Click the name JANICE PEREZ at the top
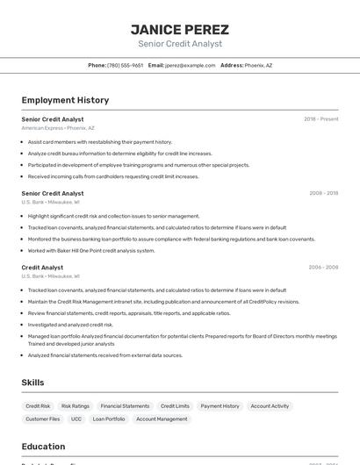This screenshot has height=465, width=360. [179, 29]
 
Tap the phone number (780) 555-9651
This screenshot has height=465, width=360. [125, 65]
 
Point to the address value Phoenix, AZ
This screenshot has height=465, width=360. [258, 65]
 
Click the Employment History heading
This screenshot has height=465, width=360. [65, 100]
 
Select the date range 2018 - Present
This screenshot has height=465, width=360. [320, 119]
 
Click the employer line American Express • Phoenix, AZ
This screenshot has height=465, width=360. [57, 128]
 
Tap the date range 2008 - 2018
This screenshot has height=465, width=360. [323, 193]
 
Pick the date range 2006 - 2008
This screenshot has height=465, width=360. [323, 268]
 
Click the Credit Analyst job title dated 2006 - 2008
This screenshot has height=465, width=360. [42, 268]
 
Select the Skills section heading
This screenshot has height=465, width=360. [32, 383]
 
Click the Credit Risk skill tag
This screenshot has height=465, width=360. [38, 406]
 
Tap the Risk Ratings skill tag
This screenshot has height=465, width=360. [76, 406]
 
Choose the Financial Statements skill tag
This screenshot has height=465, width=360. [125, 406]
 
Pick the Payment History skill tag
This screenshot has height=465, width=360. [220, 406]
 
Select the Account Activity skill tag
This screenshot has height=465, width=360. [270, 406]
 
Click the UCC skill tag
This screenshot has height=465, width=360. [76, 419]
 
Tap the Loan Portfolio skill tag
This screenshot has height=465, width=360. [109, 419]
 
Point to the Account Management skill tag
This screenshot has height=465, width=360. [162, 419]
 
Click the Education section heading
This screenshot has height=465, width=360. [43, 447]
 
